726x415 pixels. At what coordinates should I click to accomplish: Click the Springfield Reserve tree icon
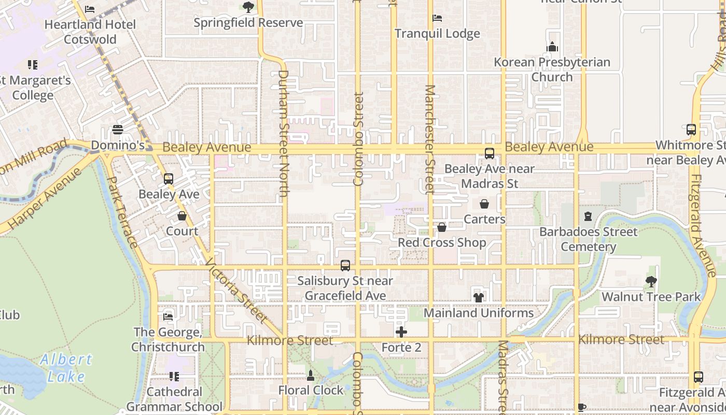(248, 7)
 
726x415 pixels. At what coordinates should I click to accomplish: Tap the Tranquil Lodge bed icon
(437, 18)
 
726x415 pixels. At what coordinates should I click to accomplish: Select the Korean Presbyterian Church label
(552, 70)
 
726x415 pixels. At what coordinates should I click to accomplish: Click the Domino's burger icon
(118, 130)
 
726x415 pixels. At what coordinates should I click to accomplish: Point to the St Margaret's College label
(34, 88)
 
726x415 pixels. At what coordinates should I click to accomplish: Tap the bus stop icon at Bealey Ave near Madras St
(489, 154)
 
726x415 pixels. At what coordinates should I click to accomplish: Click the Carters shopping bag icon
(484, 204)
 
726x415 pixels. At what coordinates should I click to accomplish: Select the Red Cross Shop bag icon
(442, 227)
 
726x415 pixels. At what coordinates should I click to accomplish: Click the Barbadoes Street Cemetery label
(588, 239)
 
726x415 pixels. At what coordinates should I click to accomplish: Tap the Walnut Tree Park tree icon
(651, 282)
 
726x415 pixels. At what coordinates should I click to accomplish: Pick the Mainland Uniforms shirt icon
(478, 298)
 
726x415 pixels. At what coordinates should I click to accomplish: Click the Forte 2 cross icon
(401, 332)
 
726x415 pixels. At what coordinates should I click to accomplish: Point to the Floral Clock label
(311, 390)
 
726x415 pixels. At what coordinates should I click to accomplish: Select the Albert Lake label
(66, 367)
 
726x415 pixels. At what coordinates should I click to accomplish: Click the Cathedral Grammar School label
(174, 399)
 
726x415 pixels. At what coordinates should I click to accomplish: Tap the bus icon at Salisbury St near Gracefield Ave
(345, 266)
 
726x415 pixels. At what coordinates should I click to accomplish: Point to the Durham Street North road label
(283, 133)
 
